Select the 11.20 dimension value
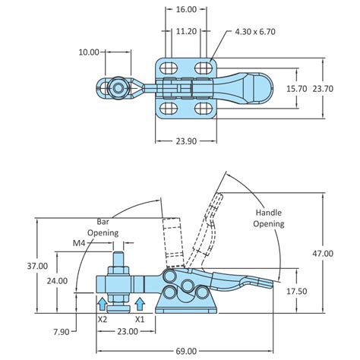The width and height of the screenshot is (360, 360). coord(186,33)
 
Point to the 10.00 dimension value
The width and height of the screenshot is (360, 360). coord(89,52)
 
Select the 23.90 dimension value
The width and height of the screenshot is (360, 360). coord(186,141)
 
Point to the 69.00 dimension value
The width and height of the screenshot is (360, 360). coord(186,350)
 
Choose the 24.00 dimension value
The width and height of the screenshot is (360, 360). coord(56,279)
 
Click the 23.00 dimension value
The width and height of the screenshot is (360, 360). coord(128,332)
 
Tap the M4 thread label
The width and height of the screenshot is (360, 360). coord(79,243)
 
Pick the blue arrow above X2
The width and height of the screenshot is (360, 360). coord(103,305)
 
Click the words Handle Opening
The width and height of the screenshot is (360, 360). coord(269,218)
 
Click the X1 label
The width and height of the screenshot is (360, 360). coord(140,320)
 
